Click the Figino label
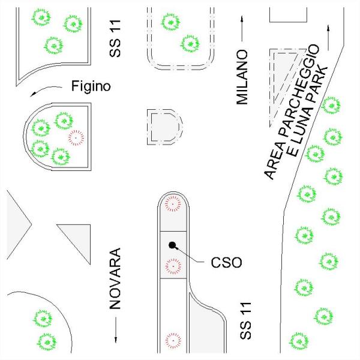pos(91,86)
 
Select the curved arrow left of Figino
pos(42,90)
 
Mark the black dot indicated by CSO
pos(172,245)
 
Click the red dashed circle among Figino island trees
pos(76,137)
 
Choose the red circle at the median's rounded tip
pos(173,204)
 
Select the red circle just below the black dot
pos(173,265)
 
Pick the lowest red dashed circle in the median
pos(173,340)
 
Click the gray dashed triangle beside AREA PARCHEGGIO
pos(282,75)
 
